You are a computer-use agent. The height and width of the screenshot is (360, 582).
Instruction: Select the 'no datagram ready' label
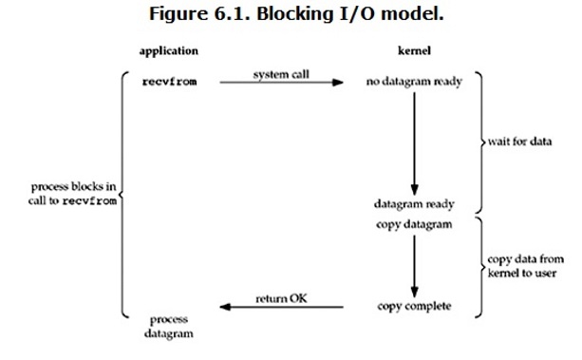coord(414,82)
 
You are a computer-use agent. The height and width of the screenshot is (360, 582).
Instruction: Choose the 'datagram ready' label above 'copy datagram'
coord(415,204)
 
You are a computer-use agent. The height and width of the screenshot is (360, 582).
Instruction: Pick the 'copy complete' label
coord(415,307)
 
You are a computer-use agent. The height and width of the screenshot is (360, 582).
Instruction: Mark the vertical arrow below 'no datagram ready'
coord(414,142)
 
